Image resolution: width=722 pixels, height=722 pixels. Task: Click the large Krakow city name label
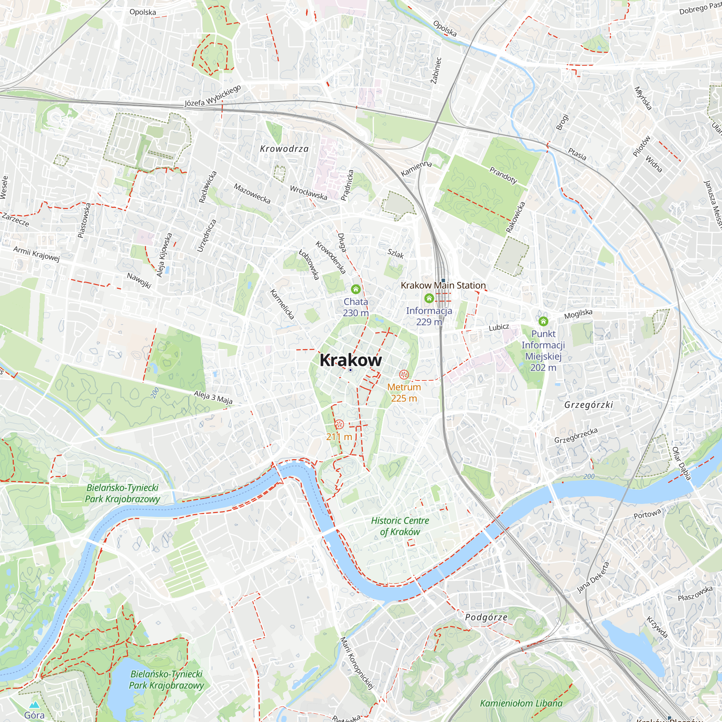351,360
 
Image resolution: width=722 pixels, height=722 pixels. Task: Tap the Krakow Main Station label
443,286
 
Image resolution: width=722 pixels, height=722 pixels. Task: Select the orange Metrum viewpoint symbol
404,374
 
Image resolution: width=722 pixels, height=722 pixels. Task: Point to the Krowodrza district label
284,149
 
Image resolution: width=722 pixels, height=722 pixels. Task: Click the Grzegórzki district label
588,405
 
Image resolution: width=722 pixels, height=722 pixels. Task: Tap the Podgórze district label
486,617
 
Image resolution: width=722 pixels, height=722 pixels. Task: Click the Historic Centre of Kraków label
400,526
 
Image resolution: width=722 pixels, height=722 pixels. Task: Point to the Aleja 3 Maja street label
213,397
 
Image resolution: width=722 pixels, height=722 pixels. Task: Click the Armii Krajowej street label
36,254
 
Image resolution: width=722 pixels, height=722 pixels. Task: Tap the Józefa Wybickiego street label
213,96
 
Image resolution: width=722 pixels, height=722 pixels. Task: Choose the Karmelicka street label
282,304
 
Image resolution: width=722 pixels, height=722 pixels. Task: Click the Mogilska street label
578,314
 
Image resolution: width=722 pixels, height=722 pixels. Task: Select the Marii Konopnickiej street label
357,663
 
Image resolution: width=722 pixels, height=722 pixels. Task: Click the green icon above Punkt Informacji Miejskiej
543,321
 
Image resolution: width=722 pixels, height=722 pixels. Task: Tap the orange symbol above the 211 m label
339,424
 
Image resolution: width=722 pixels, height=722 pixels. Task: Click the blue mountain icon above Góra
34,705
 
